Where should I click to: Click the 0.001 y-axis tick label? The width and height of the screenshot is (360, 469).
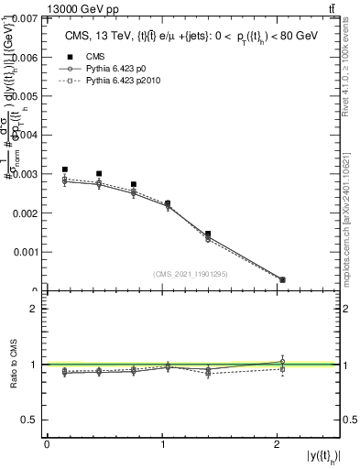[x=25, y=251]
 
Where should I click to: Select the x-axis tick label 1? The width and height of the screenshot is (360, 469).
[x=163, y=443]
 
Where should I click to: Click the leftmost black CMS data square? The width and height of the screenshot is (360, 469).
[x=64, y=169]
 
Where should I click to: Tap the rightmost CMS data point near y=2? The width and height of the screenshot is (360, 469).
[x=281, y=279]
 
